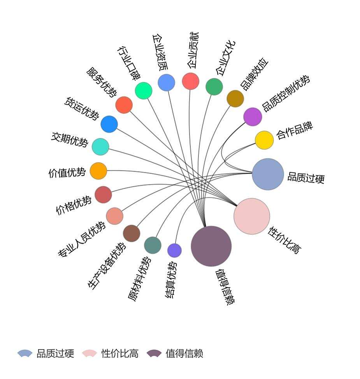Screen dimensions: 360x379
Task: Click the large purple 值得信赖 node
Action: click(x=211, y=246)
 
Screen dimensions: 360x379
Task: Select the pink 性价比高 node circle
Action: click(x=252, y=216)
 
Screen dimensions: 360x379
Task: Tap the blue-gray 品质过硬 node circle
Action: click(x=268, y=174)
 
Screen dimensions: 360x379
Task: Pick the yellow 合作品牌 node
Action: click(x=264, y=140)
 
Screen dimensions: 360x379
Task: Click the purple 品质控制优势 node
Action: click(x=253, y=117)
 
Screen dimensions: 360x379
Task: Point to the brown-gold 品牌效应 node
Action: click(x=235, y=98)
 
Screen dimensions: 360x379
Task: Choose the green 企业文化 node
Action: click(x=214, y=86)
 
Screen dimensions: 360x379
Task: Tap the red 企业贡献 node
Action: click(x=191, y=81)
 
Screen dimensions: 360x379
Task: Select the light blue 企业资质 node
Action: click(x=166, y=82)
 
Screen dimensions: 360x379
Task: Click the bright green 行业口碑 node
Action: click(x=143, y=91)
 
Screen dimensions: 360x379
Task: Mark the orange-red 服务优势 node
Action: click(x=124, y=105)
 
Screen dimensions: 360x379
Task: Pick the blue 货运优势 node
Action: click(x=109, y=124)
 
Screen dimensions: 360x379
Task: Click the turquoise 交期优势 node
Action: click(x=100, y=147)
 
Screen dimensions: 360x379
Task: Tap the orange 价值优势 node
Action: click(x=98, y=171)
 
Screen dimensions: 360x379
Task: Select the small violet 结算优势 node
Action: click(x=174, y=251)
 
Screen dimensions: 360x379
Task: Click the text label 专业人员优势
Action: click(x=81, y=239)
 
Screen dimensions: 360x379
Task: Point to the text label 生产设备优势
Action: click(x=107, y=266)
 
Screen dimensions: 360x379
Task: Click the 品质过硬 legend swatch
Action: click(x=25, y=353)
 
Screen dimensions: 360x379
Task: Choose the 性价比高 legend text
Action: click(x=120, y=354)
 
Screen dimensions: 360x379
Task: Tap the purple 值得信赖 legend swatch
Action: click(x=154, y=353)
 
